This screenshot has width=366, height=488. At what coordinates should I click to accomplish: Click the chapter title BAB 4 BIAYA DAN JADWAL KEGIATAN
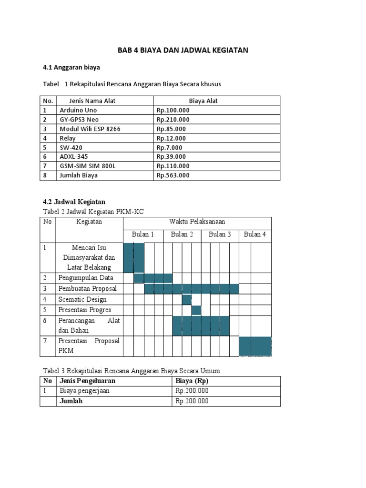pos(183,50)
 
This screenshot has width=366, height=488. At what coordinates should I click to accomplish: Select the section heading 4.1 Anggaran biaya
pos(71,68)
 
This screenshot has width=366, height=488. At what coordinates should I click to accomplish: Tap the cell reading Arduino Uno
pos(78,110)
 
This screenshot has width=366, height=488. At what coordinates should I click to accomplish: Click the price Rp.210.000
pos(173,120)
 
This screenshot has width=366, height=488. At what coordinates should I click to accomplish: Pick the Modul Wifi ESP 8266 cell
pos(88,129)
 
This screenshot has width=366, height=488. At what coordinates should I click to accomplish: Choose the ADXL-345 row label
pos(74,157)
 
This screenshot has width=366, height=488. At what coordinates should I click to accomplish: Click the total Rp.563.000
pos(173,175)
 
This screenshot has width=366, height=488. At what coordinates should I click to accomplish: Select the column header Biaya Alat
pos(203,101)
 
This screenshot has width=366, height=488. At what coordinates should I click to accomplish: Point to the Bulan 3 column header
pos(220,234)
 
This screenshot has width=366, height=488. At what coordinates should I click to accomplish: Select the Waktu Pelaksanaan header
pos(197,222)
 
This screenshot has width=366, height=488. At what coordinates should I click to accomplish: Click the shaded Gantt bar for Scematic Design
pos(187,299)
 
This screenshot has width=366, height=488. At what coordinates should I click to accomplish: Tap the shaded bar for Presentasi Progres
pos(196,310)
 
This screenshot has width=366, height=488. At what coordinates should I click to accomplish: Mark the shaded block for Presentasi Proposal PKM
pos(255,346)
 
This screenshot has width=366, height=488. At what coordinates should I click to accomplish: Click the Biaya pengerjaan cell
pos(84,391)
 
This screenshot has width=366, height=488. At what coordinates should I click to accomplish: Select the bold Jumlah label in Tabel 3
pos(71,401)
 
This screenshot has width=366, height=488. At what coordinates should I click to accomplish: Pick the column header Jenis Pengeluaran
pos(87,381)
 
